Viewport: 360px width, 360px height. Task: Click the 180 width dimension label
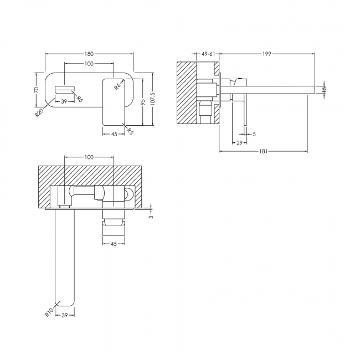[89, 54]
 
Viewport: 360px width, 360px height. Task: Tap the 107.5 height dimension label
[153, 99]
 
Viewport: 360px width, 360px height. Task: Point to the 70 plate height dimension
[36, 90]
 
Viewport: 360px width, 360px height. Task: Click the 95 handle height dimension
[143, 102]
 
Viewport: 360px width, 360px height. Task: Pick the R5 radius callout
[130, 131]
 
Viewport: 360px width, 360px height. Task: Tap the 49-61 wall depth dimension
[208, 54]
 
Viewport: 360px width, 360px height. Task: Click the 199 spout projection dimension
[266, 54]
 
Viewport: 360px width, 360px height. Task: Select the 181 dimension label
[263, 151]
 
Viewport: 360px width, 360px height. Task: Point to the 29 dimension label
[239, 143]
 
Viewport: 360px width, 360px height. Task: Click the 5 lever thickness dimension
[254, 134]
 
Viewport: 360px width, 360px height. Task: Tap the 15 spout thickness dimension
[324, 89]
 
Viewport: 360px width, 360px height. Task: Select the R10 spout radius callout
[49, 312]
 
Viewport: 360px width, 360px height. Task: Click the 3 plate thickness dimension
[151, 217]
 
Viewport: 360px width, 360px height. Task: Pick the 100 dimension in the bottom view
[89, 157]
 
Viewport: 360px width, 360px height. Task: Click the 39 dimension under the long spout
[65, 315]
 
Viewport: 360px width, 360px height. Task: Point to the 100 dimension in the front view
[89, 64]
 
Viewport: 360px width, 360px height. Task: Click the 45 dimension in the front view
[114, 134]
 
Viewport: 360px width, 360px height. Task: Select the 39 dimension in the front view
[64, 101]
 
